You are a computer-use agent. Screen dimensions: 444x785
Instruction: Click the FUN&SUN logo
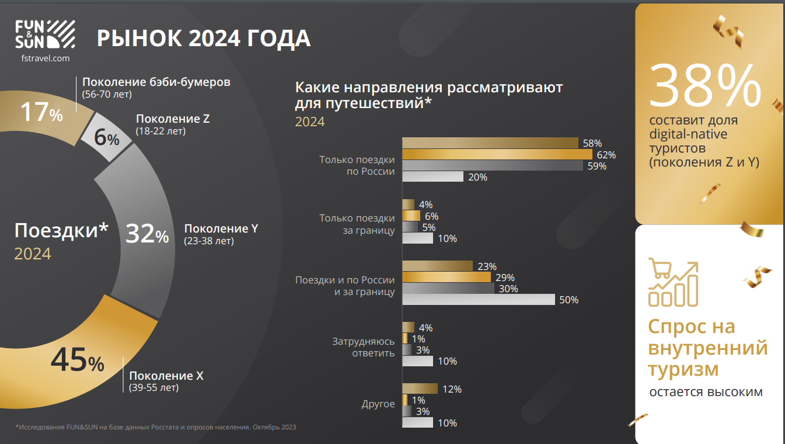click(45, 34)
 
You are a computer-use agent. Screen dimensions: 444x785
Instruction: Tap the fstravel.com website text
click(45, 58)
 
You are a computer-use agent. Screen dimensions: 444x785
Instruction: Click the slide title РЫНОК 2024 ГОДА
click(203, 39)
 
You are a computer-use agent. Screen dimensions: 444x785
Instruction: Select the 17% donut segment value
click(41, 112)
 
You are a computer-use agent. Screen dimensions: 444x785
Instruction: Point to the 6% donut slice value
click(107, 138)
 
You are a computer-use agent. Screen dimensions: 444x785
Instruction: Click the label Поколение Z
click(173, 119)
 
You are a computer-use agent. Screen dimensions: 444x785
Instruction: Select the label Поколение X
click(166, 376)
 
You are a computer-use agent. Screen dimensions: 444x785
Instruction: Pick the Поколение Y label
click(221, 228)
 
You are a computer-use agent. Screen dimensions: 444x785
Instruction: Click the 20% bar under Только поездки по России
click(432, 177)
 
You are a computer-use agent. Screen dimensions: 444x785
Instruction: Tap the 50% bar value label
click(568, 300)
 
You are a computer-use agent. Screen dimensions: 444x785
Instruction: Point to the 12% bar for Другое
click(420, 389)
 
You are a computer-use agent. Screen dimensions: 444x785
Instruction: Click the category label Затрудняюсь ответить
click(363, 346)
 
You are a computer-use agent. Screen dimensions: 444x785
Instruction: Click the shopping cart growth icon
click(673, 283)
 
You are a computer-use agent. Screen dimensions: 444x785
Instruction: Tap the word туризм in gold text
click(683, 369)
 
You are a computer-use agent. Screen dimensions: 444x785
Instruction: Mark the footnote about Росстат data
click(156, 427)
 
